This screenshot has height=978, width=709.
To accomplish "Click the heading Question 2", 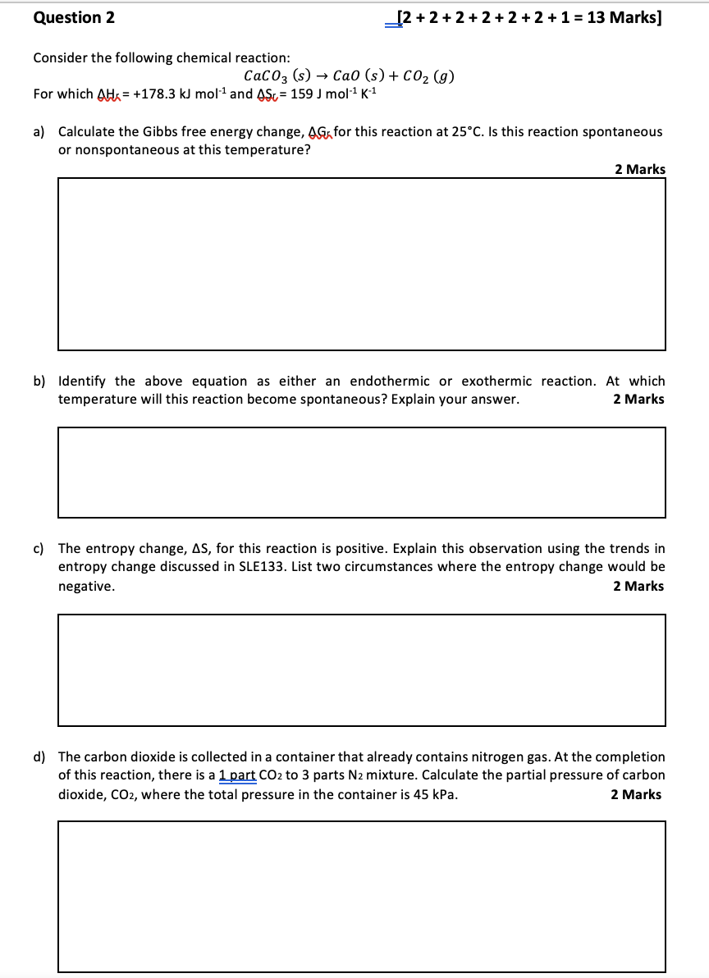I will [x=74, y=17].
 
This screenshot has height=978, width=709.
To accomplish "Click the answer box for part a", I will [x=361, y=264].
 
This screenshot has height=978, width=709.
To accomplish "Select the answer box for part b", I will [x=361, y=472].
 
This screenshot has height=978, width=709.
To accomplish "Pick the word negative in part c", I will [x=86, y=586].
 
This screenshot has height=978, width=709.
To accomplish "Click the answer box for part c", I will [x=361, y=670].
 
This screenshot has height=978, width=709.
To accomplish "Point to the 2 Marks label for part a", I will [x=640, y=169].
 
